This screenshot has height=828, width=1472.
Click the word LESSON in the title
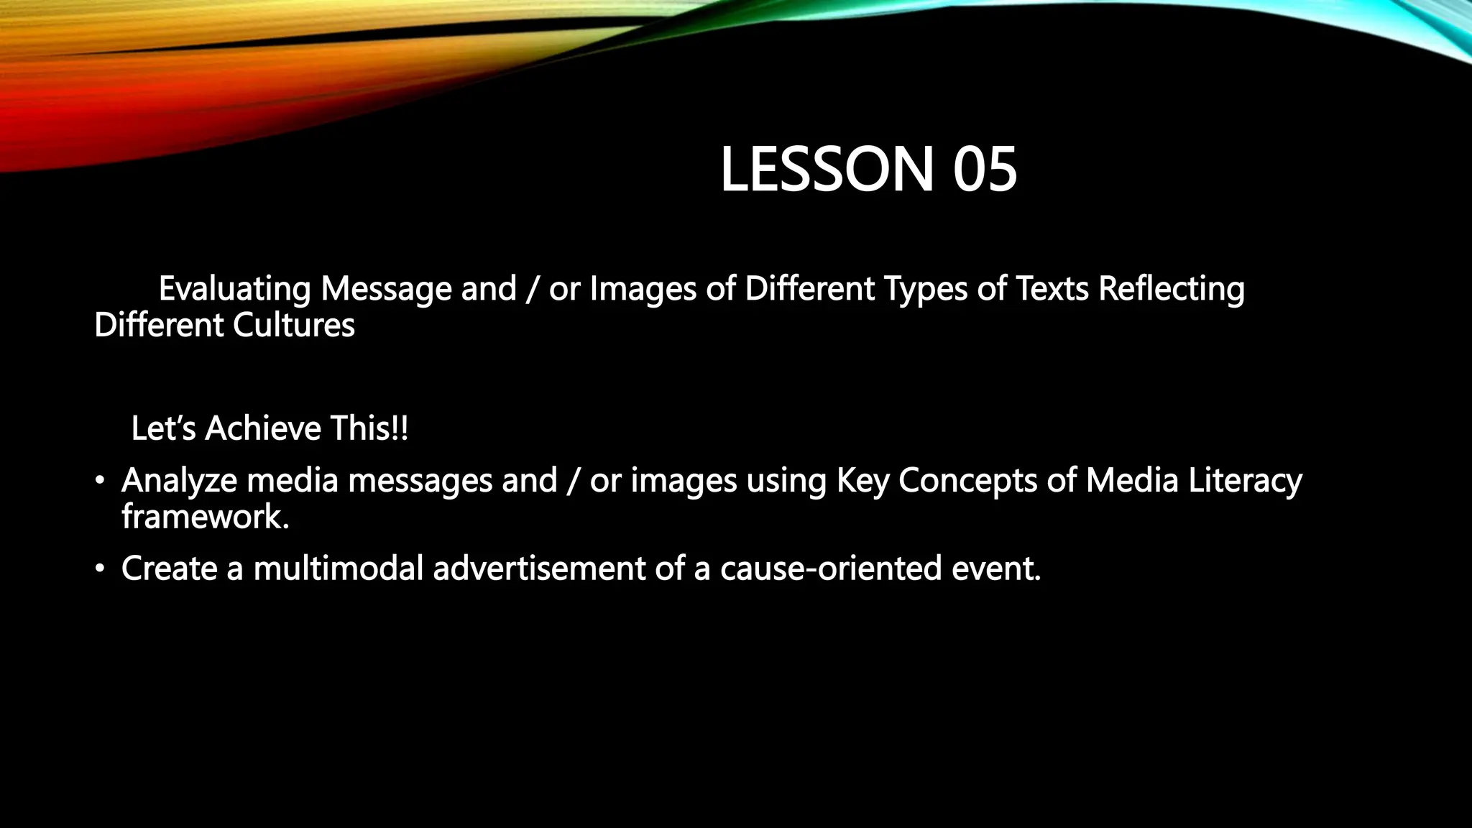[x=827, y=170]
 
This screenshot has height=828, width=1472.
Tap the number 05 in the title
[x=985, y=170]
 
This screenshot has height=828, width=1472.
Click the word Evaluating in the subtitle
[x=234, y=290]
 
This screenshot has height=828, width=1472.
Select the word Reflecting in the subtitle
[x=1172, y=290]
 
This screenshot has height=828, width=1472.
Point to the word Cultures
[x=294, y=326]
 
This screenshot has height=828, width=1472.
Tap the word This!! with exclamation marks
[x=369, y=429]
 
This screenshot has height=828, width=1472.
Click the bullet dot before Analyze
[x=100, y=481]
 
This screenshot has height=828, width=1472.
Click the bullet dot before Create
[x=100, y=569]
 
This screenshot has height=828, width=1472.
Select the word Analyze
[x=179, y=481]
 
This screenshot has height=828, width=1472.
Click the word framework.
[x=205, y=517]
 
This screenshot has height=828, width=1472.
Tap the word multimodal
[x=338, y=569]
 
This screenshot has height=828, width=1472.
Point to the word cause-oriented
[x=831, y=569]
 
